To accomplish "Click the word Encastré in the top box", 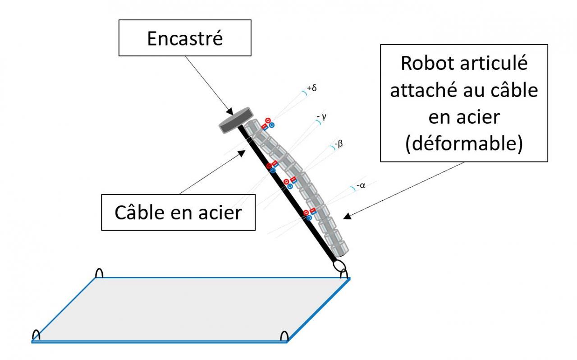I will point(185,39).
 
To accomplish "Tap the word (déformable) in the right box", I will point(464,144).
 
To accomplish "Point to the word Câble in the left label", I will point(139,212).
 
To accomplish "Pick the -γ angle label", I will point(321,117).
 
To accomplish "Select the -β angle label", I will point(339,145).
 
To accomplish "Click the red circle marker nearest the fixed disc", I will point(267,120).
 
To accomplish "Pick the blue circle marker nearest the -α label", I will point(309,217).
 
